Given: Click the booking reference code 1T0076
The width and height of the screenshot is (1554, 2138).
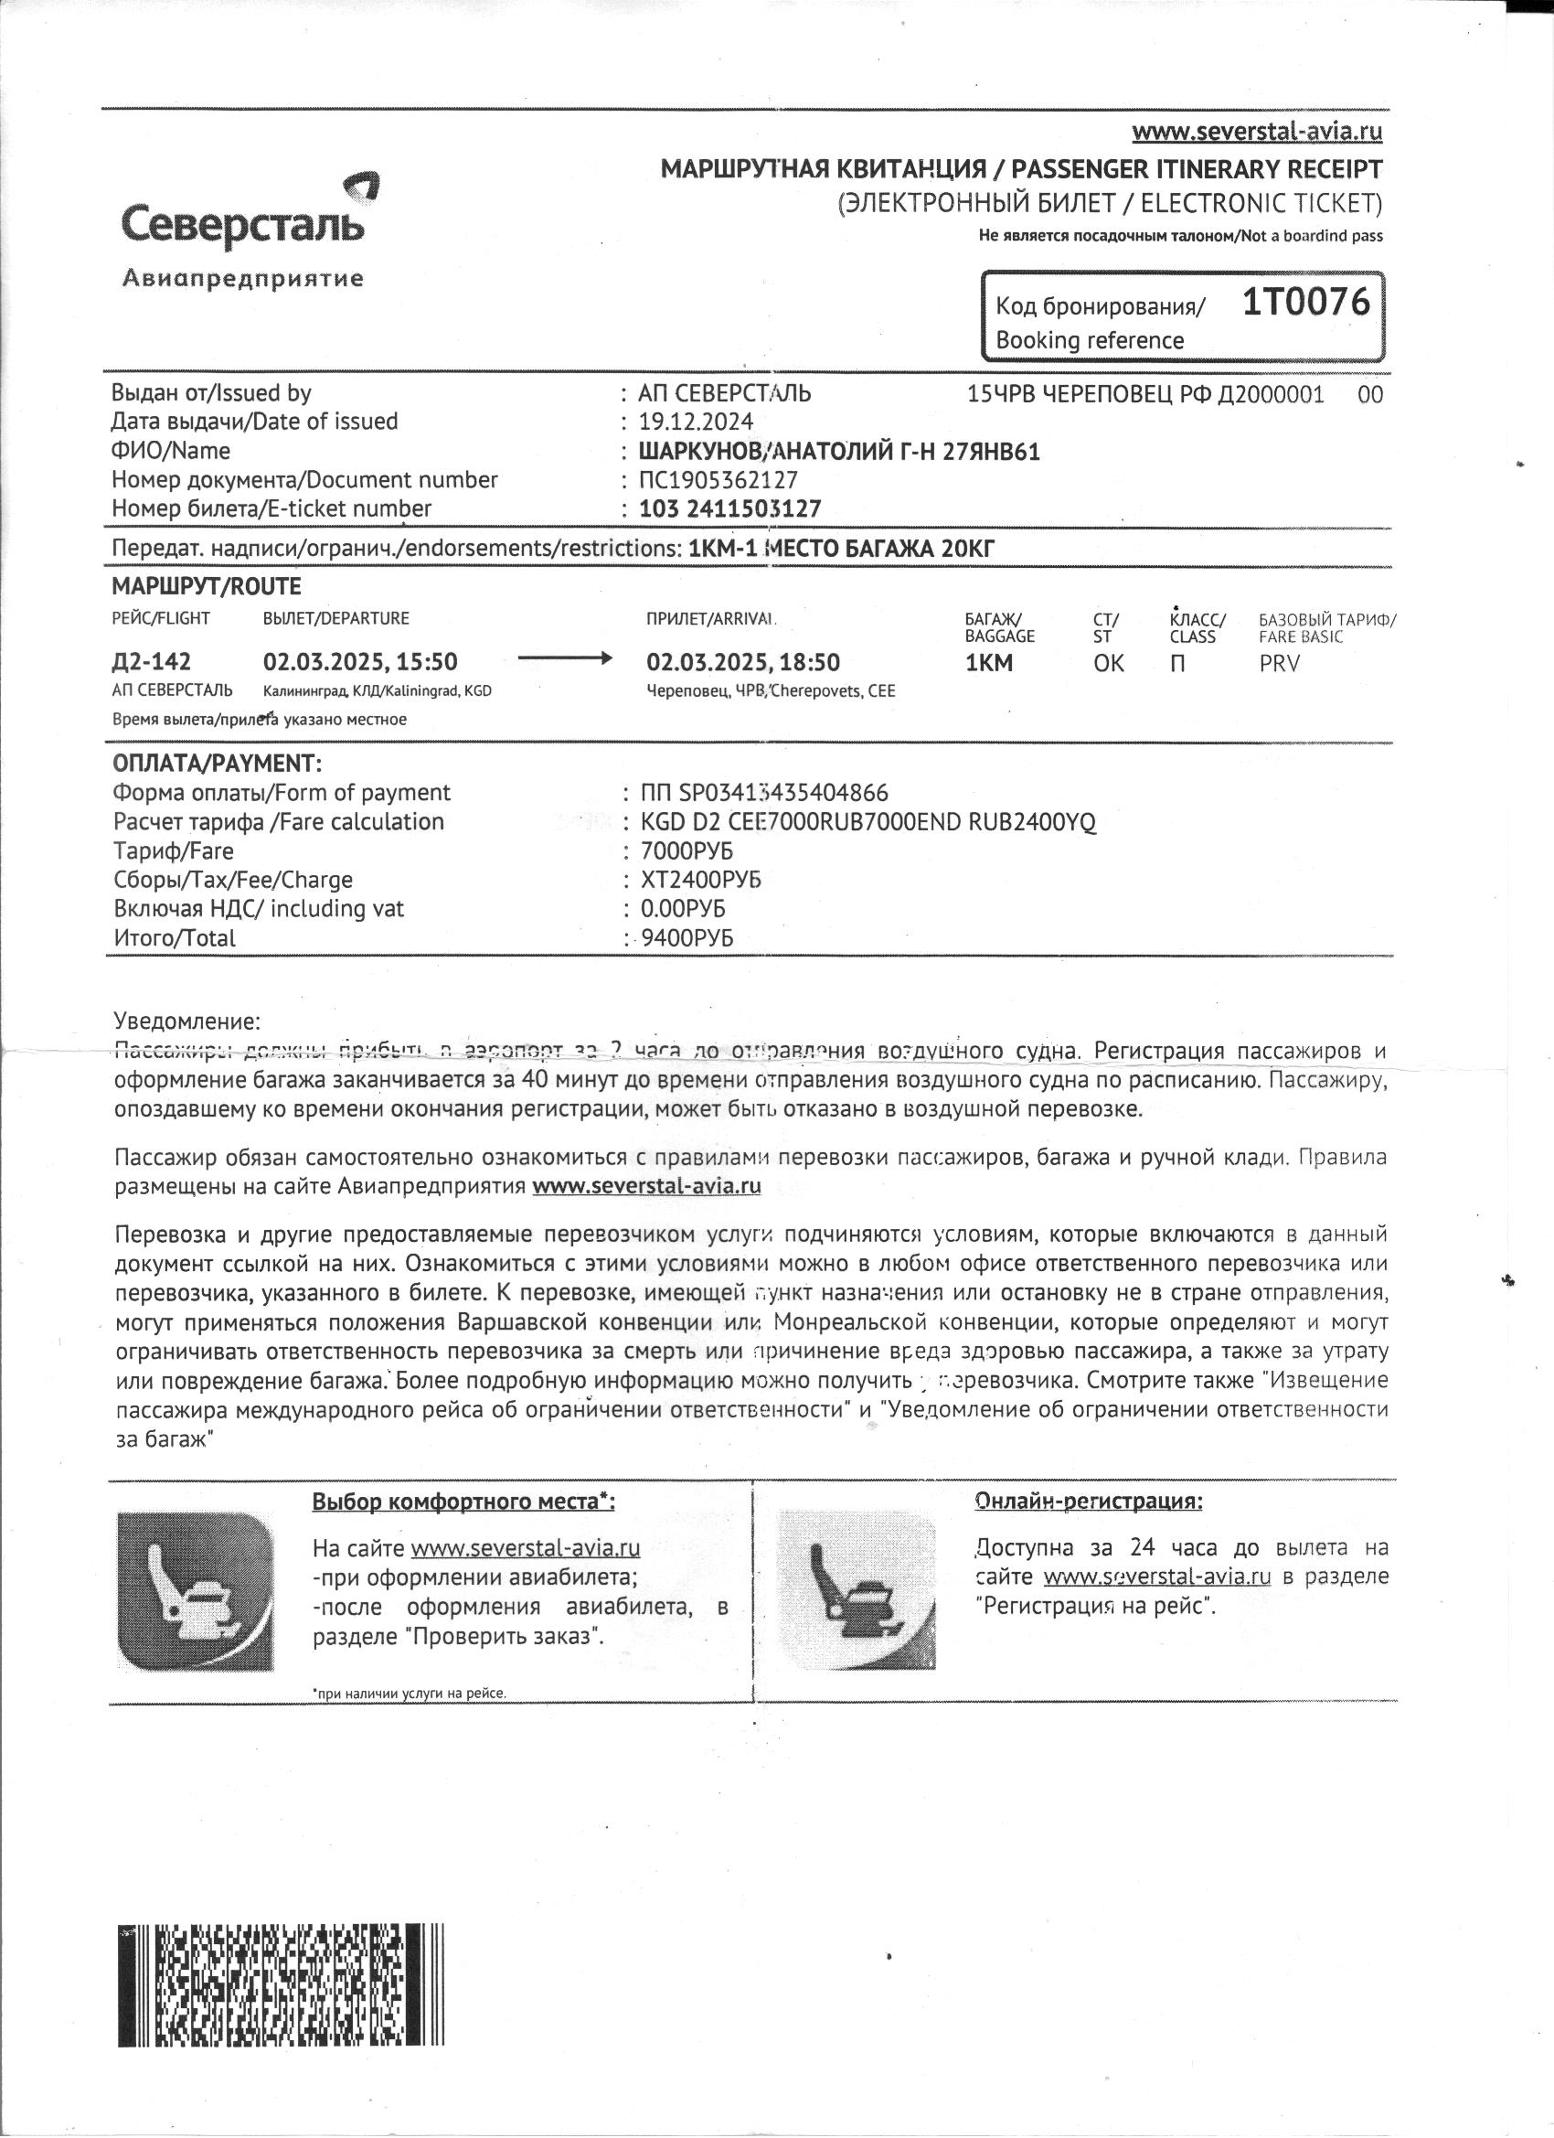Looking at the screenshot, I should click(1305, 303).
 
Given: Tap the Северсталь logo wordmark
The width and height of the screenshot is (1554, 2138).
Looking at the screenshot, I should click(243, 224).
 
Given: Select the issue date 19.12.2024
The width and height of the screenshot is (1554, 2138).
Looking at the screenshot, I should click(696, 422).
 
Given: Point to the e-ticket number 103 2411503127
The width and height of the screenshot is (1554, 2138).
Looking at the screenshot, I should click(729, 509).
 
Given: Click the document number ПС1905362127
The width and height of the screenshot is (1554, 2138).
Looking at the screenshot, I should click(718, 480).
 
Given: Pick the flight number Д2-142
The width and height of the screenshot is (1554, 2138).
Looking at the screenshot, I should click(151, 662).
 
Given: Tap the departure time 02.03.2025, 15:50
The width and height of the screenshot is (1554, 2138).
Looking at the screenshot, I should click(360, 662).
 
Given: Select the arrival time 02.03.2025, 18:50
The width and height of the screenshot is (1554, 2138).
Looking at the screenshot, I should click(742, 663).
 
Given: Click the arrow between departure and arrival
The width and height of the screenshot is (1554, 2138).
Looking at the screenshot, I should click(566, 659).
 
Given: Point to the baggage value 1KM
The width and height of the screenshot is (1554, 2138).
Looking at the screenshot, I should click(988, 663).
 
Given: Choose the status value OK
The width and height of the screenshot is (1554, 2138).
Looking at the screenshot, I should click(1108, 663).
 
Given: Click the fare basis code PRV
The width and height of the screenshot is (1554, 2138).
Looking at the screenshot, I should click(1279, 664).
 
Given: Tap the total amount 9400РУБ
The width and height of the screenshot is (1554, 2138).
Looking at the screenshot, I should click(687, 938).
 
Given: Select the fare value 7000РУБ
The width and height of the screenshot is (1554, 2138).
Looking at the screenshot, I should click(687, 851).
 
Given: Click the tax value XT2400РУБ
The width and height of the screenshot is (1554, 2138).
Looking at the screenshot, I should click(700, 881).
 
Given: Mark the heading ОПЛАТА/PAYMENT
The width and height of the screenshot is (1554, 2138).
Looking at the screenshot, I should click(217, 763).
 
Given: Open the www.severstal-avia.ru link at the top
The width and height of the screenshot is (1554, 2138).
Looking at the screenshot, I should click(1257, 131).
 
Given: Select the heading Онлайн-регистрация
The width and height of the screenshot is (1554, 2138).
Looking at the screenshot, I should click(1089, 1501).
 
